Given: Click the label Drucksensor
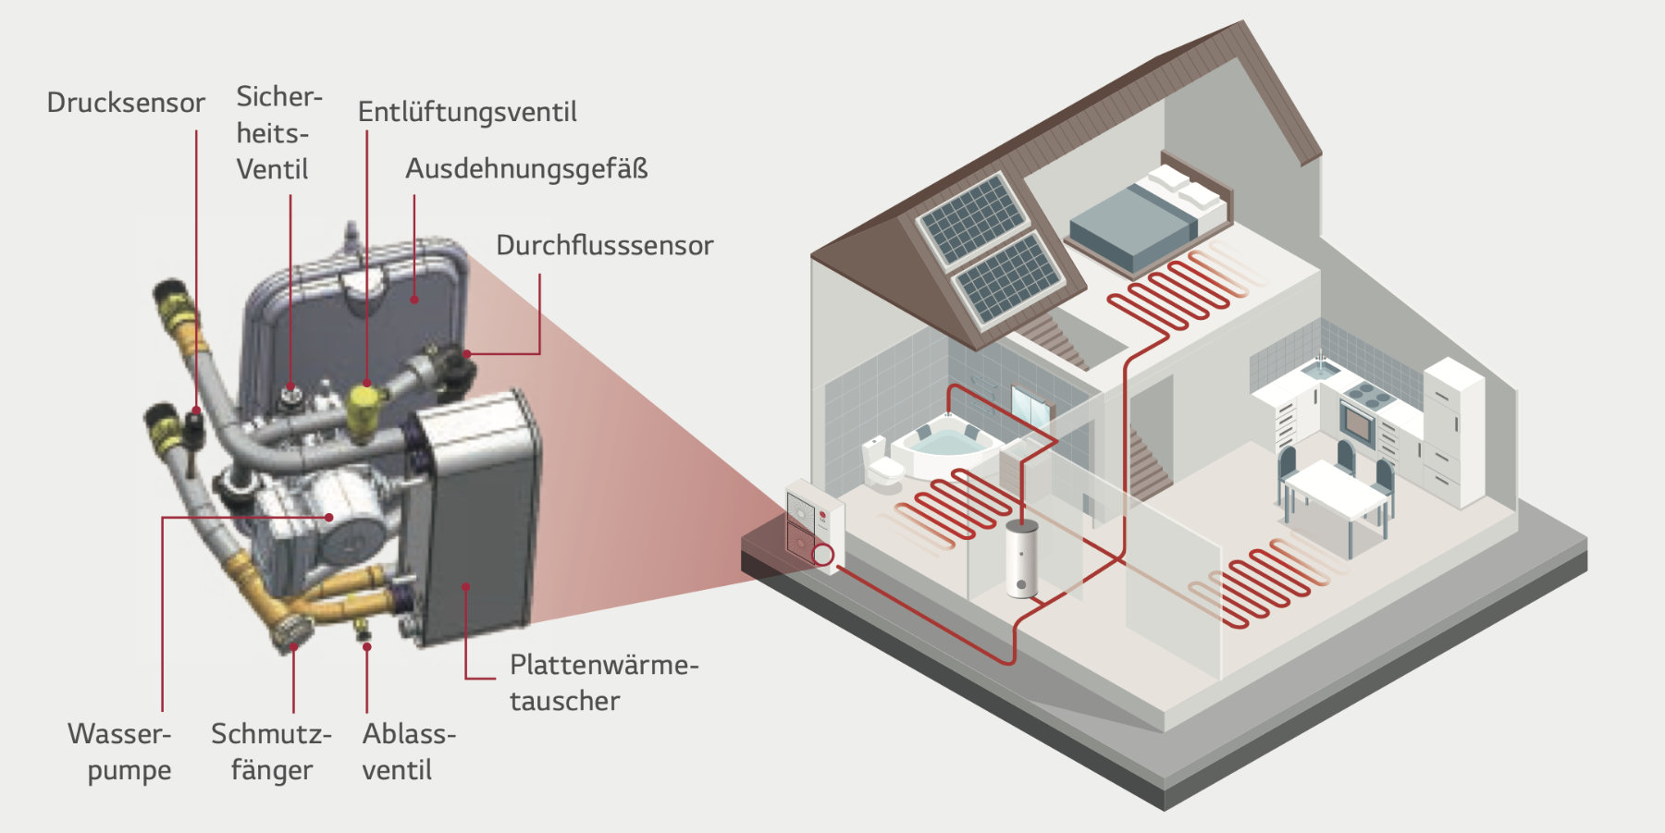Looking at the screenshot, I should click(x=126, y=102).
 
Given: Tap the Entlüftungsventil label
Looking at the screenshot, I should click(x=467, y=112).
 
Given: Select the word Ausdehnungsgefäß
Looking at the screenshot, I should click(x=526, y=169).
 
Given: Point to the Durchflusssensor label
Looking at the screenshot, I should click(x=604, y=245).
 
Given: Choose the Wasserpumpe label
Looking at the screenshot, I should click(x=120, y=752).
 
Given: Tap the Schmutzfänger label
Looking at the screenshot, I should click(x=271, y=752).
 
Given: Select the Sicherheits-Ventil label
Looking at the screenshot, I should click(x=277, y=133).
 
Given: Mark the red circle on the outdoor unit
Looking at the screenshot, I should click(x=822, y=555).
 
